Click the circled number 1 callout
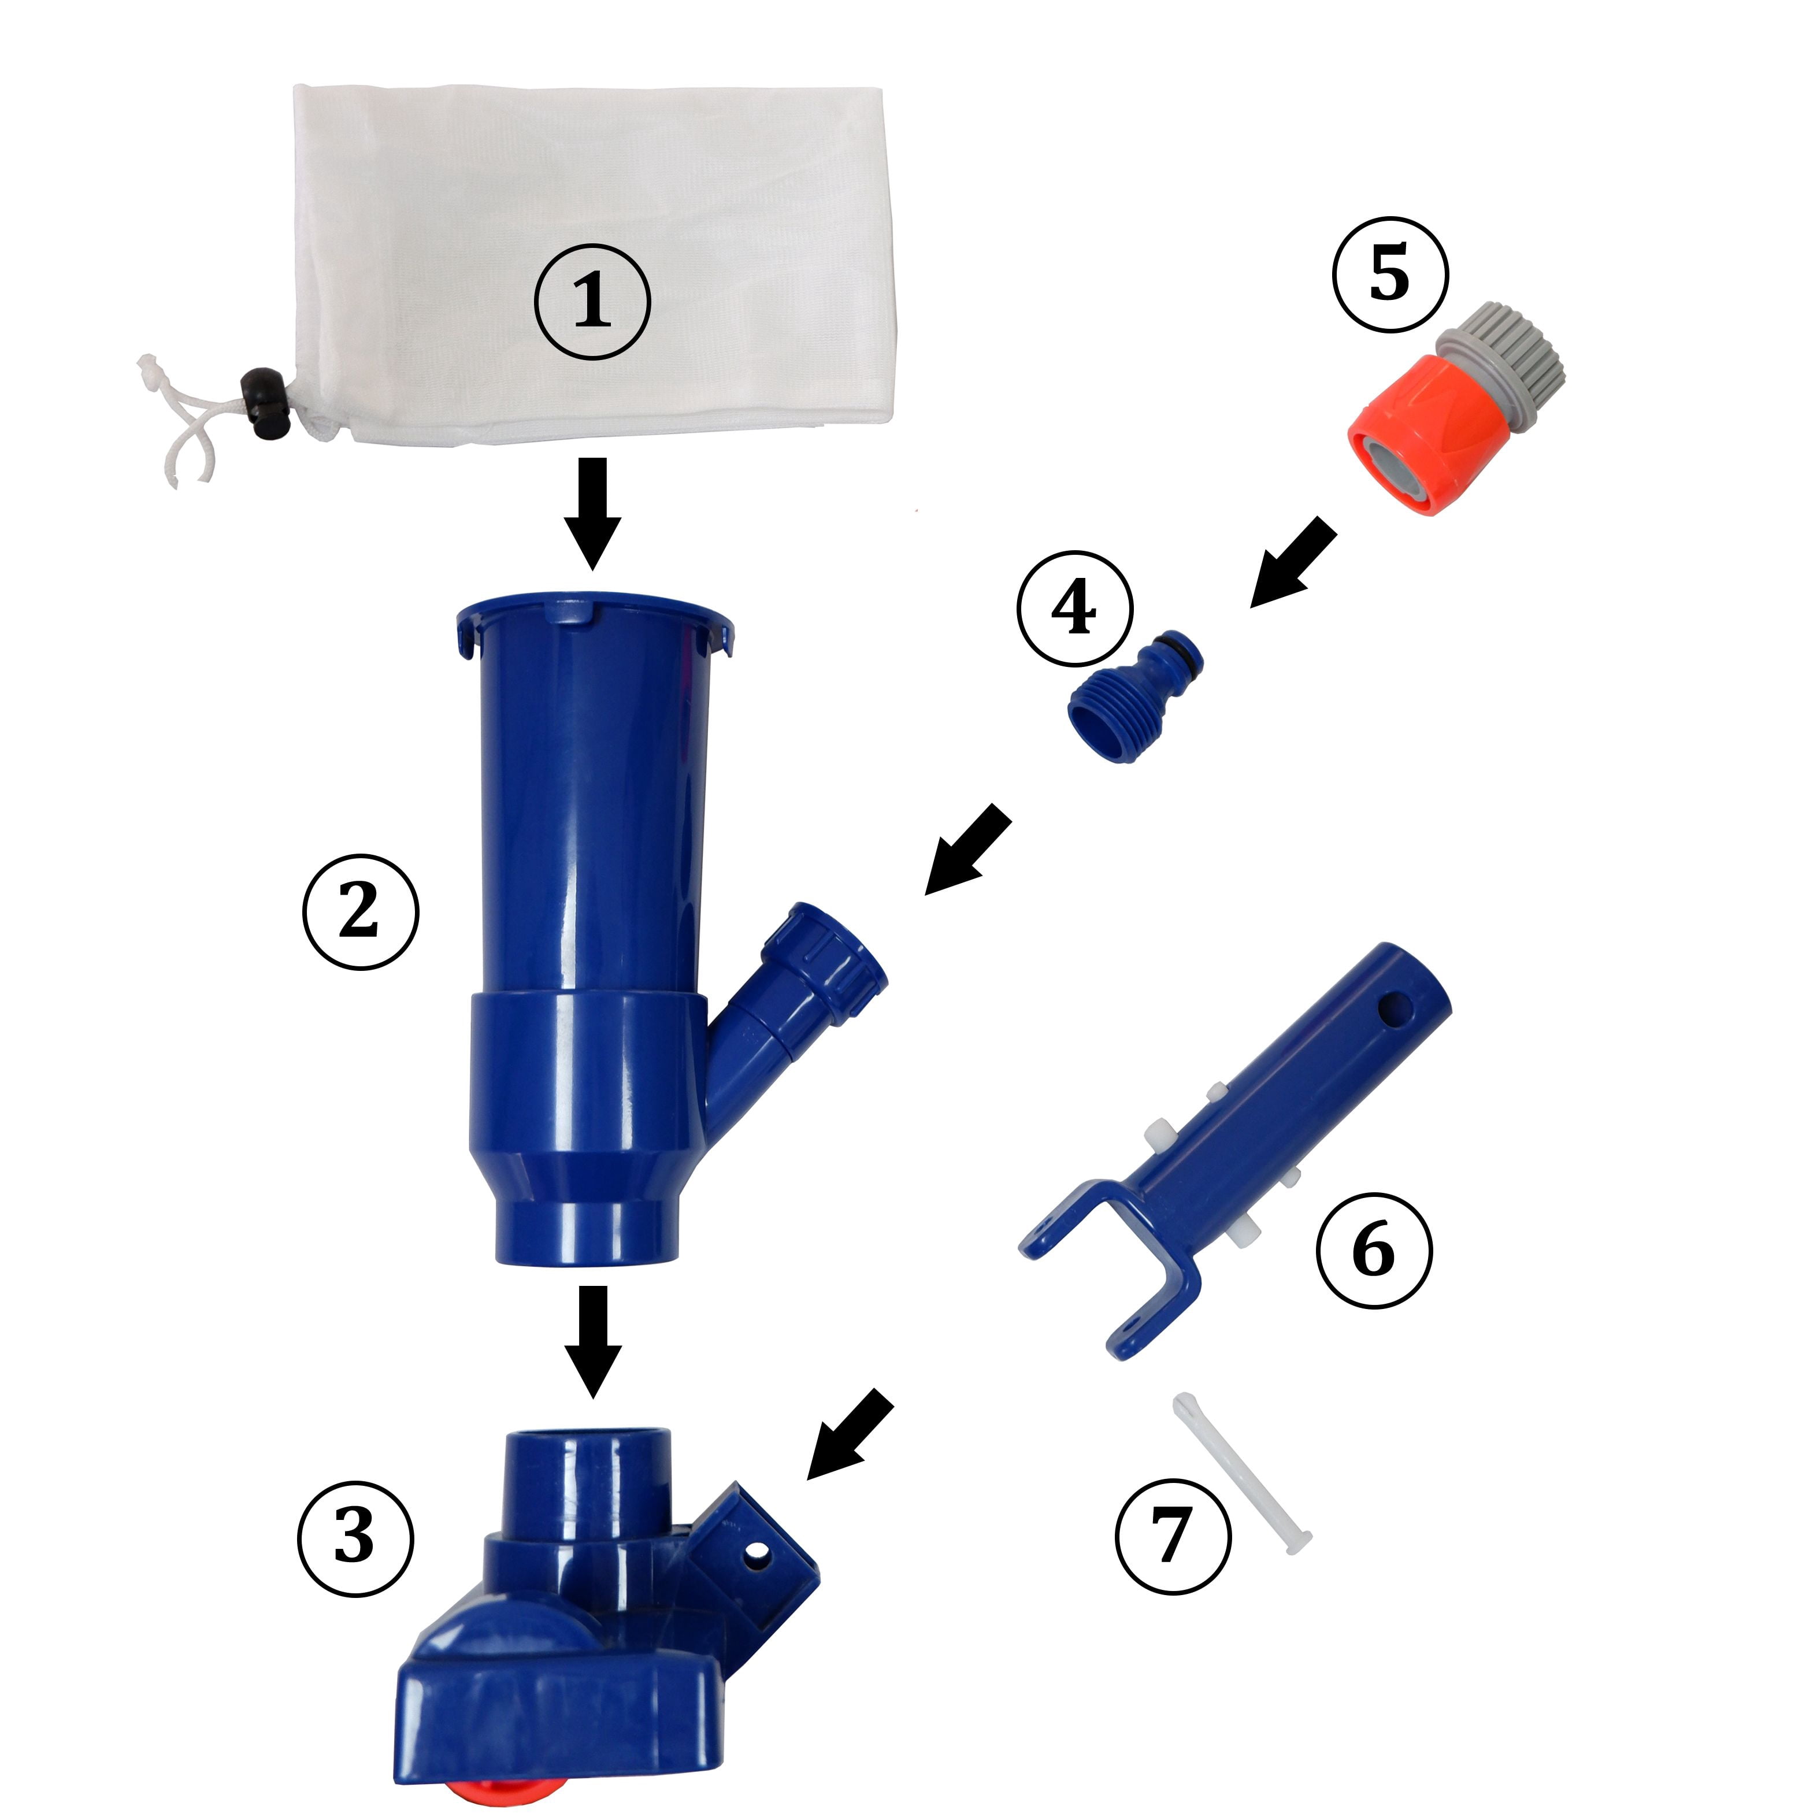592,301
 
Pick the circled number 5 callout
1389,273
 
